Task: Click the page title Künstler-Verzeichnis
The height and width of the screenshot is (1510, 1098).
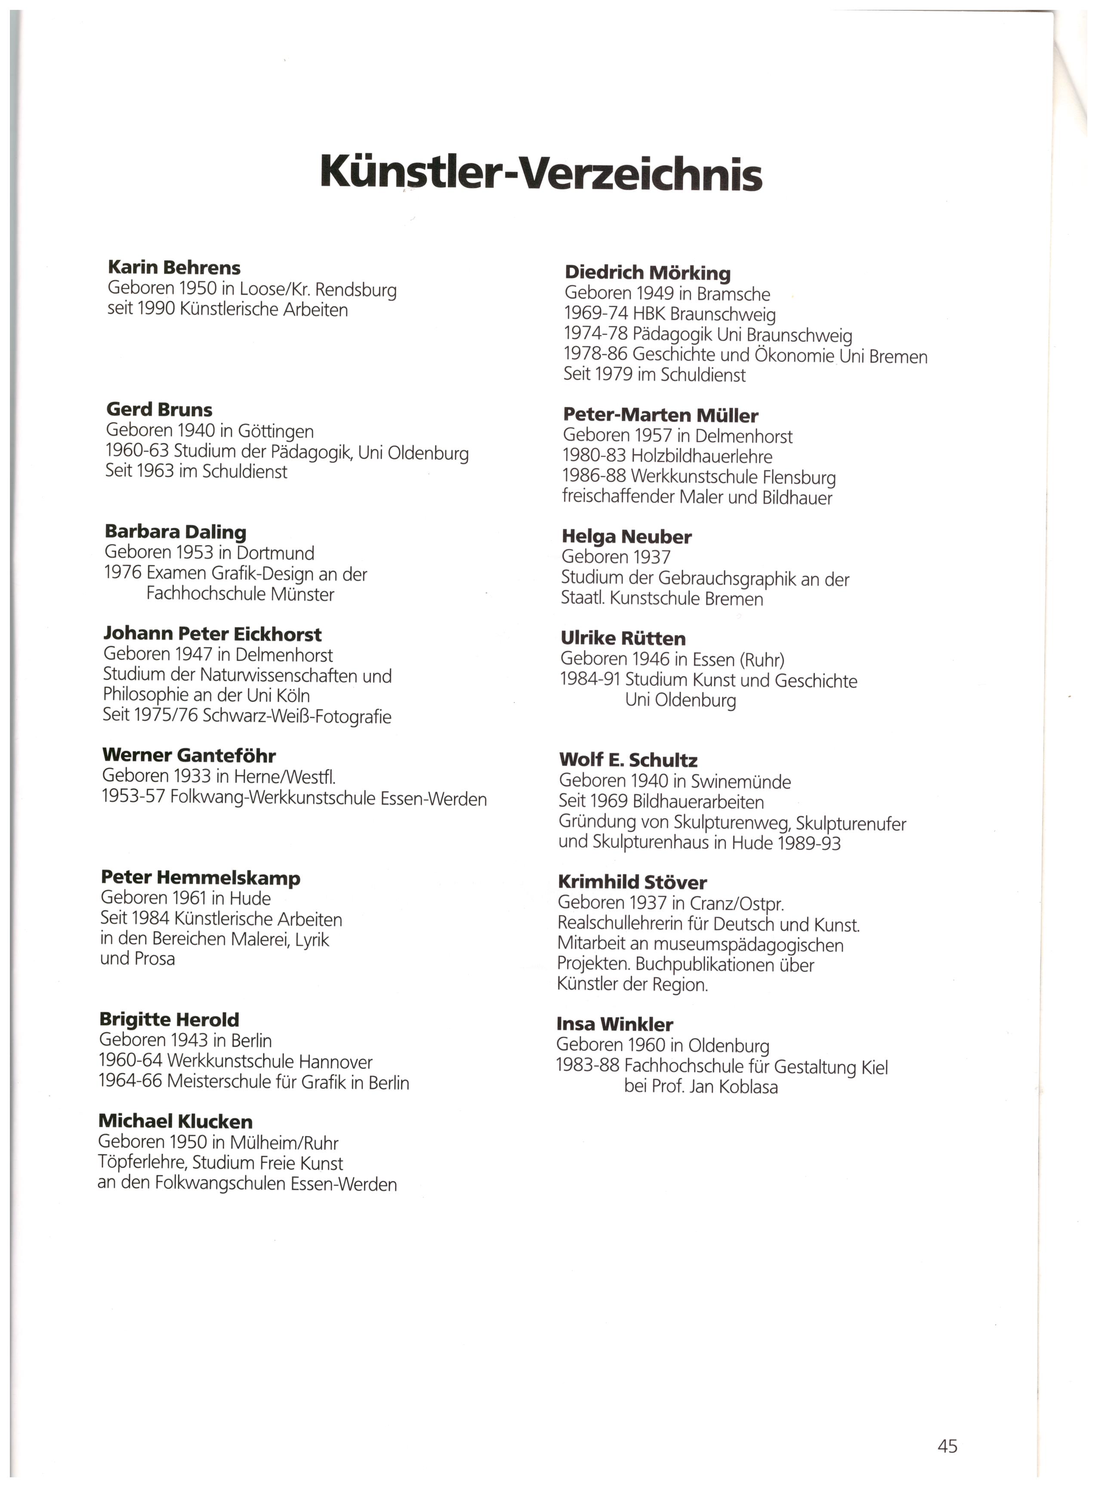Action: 541,173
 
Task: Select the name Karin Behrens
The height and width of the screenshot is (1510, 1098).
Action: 174,268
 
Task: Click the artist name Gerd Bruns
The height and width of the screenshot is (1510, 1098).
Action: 159,410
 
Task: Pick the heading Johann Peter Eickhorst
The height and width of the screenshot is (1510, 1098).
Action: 213,634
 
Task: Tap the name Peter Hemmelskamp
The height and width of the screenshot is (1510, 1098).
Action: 200,878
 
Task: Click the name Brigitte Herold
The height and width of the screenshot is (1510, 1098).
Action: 169,1019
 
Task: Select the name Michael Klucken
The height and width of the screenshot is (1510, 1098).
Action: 175,1121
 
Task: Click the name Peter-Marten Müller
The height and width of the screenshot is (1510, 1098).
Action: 660,416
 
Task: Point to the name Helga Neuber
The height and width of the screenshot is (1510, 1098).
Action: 626,536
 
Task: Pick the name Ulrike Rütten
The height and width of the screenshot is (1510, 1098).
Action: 623,638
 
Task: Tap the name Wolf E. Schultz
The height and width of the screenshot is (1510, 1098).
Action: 628,760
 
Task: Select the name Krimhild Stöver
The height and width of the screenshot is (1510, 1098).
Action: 632,882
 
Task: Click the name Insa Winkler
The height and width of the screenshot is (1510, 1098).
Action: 614,1024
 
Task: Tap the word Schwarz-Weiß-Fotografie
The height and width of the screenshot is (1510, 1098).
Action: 297,717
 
